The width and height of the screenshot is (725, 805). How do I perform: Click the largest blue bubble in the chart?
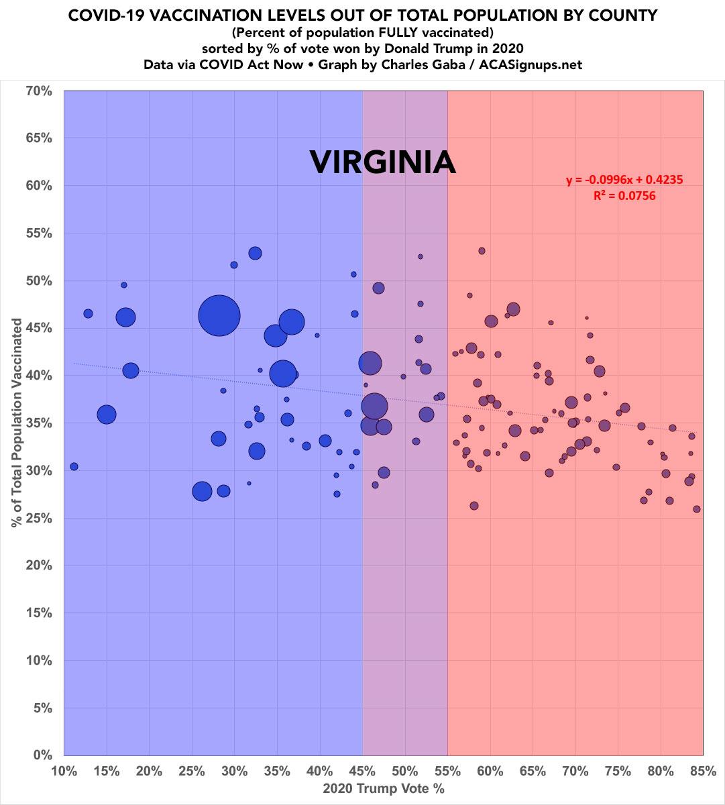pyautogui.click(x=219, y=315)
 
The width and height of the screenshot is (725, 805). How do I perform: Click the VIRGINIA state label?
pyautogui.click(x=382, y=163)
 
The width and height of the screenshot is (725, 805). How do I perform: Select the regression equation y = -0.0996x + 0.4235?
pyautogui.click(x=624, y=180)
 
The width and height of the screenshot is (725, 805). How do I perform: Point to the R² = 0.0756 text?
pyautogui.click(x=624, y=196)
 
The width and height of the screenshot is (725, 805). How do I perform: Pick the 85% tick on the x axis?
pyautogui.click(x=703, y=771)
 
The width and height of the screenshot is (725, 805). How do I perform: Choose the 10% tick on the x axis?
pyautogui.click(x=64, y=771)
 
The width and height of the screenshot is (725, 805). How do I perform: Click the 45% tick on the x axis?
pyautogui.click(x=362, y=771)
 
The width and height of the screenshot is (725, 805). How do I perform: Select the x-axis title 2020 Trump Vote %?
pyautogui.click(x=384, y=788)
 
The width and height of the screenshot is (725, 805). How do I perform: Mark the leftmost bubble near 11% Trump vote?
pyautogui.click(x=74, y=466)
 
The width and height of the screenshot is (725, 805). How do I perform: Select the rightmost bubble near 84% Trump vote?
pyautogui.click(x=697, y=509)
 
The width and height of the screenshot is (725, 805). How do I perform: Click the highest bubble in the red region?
pyautogui.click(x=482, y=251)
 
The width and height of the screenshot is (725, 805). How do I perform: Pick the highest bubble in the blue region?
pyautogui.click(x=255, y=253)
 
